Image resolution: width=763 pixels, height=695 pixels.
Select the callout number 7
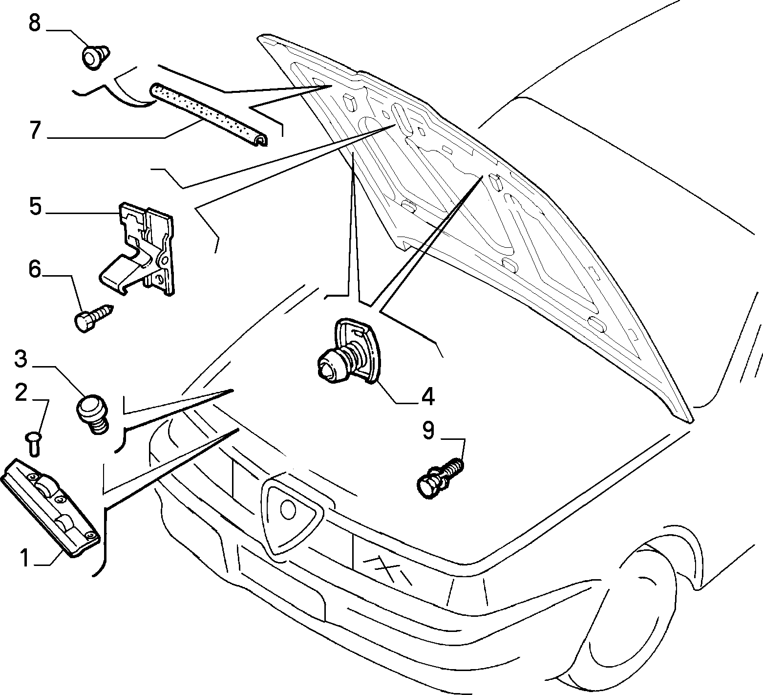coord(34,130)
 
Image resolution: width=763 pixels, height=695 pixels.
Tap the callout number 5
coord(35,206)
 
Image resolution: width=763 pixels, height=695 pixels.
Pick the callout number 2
coord(21,393)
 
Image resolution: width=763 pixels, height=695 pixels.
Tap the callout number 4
coord(427,397)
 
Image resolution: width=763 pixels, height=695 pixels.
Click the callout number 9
coord(428,431)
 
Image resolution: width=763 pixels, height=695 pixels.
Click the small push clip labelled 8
coord(95,56)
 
